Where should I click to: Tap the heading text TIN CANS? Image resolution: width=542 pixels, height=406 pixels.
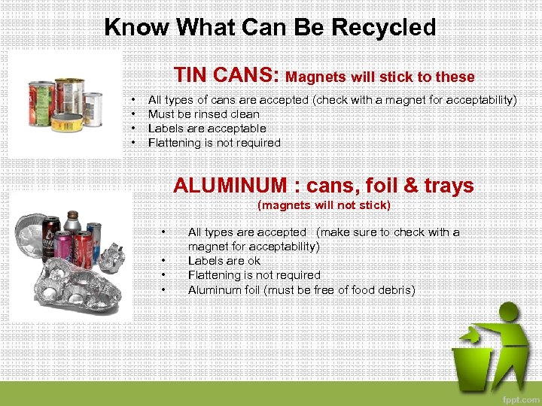tap(227, 75)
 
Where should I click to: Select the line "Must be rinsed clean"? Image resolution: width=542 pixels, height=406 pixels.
tap(203, 114)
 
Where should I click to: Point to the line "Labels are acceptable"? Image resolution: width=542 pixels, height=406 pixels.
tap(207, 129)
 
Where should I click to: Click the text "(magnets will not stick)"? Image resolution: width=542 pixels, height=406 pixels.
tap(324, 205)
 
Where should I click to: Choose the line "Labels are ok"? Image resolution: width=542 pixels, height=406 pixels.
tap(224, 261)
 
